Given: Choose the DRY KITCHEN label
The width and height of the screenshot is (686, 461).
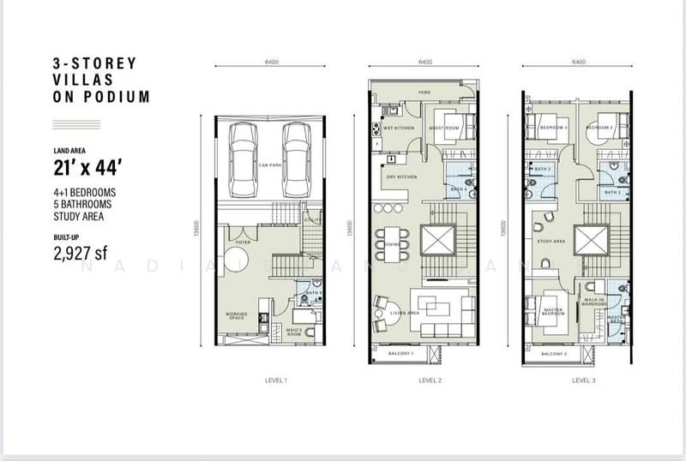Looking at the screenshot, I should (402, 177).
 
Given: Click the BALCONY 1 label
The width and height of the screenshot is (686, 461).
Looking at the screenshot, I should (400, 353).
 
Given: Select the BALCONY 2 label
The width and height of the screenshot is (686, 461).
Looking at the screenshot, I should (557, 353).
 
